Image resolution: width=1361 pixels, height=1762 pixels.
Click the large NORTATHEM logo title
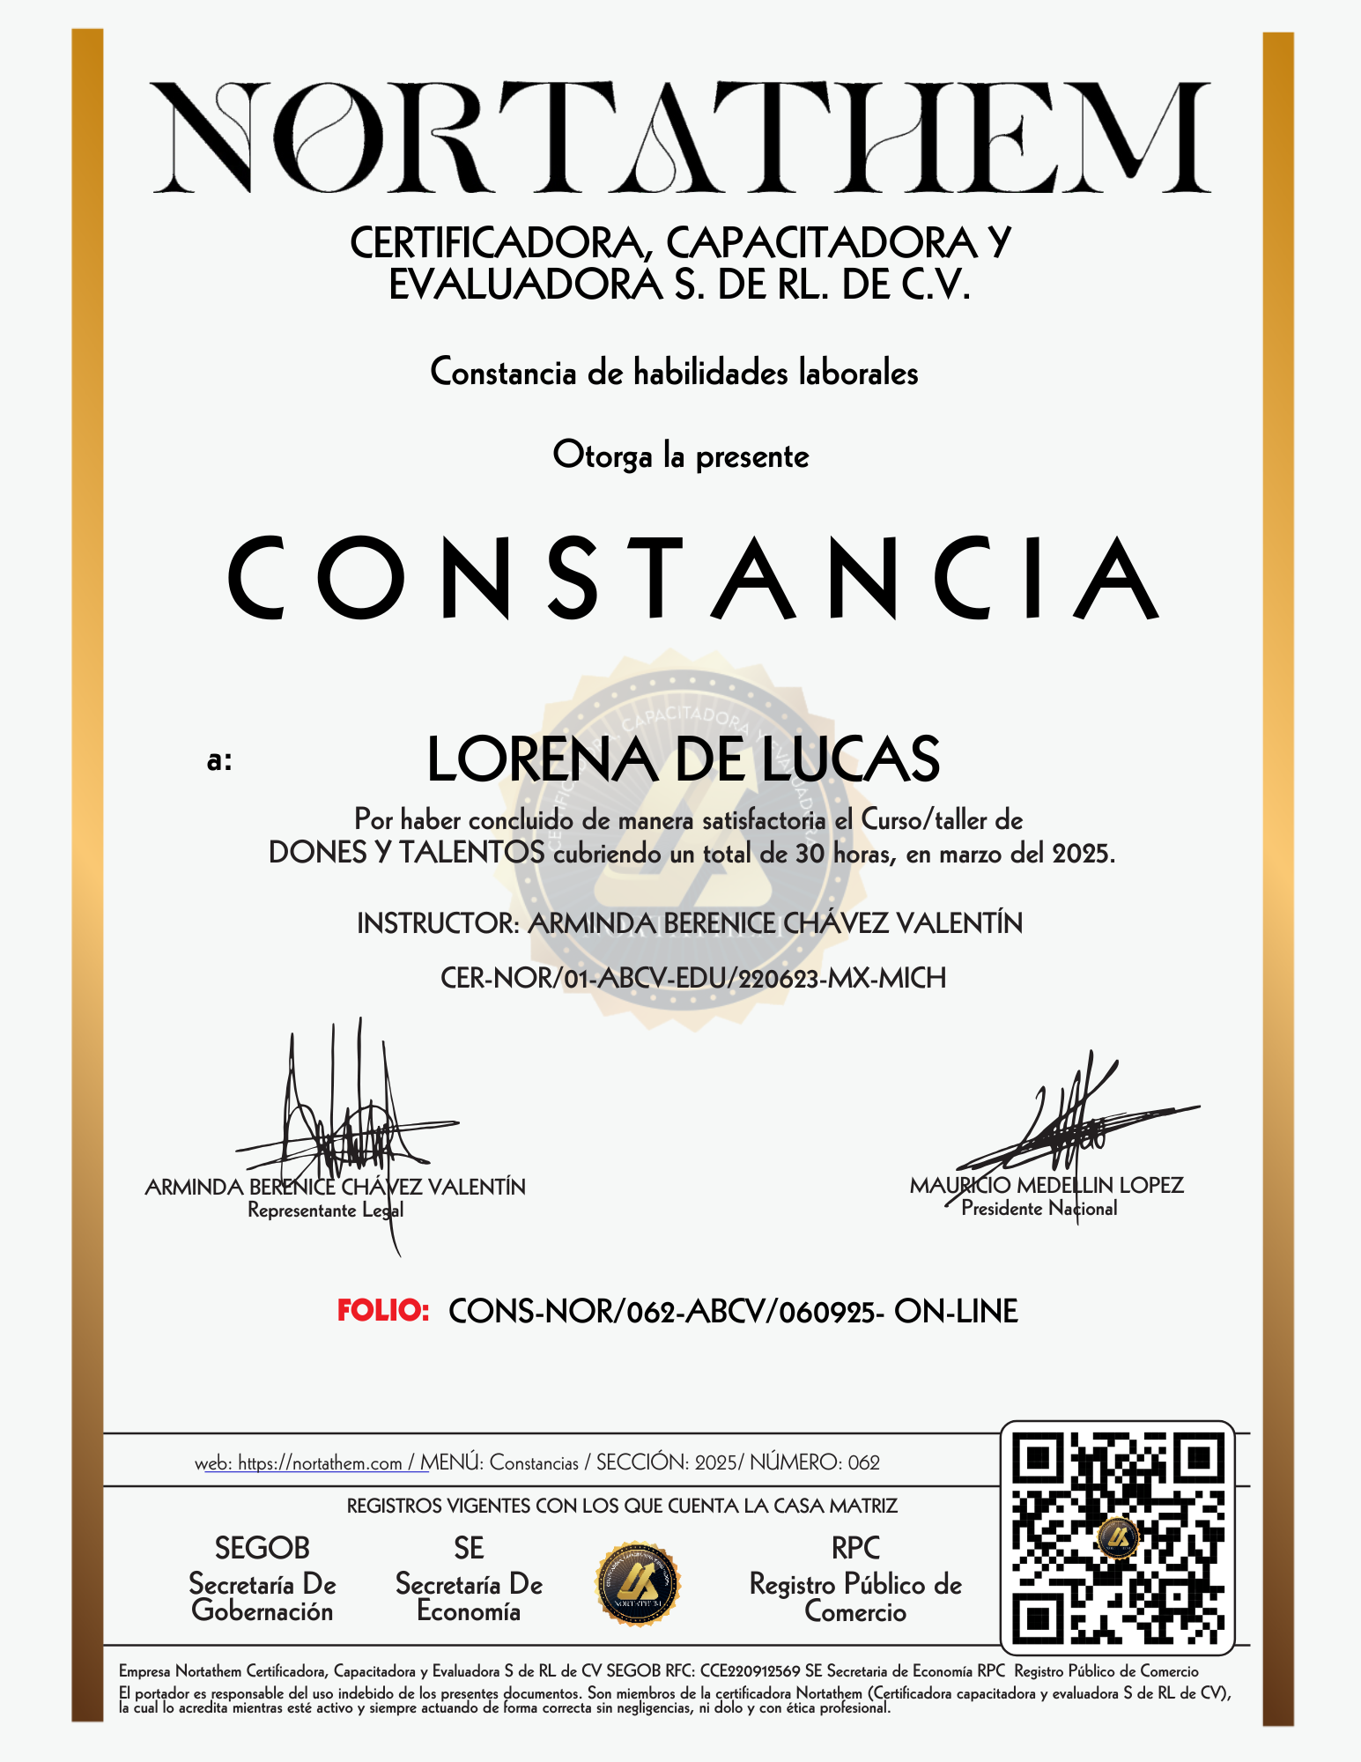[681, 137]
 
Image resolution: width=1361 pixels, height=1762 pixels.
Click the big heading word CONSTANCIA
[693, 578]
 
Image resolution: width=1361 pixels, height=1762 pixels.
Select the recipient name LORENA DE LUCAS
[683, 759]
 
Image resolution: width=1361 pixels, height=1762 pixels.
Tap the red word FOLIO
[383, 1311]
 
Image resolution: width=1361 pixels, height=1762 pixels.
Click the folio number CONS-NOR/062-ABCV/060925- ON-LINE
[733, 1312]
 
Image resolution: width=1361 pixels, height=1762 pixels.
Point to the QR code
[1118, 1537]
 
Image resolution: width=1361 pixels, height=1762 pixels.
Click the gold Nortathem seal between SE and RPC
[638, 1584]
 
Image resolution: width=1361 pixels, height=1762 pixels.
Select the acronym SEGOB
[263, 1548]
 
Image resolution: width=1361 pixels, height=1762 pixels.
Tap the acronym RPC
[855, 1548]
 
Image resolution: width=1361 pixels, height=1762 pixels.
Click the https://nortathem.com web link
[320, 1463]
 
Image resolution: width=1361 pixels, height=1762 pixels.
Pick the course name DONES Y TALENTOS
[406, 853]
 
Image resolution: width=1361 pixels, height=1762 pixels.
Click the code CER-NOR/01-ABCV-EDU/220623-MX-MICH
[693, 978]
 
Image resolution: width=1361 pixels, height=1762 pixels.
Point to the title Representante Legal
[325, 1210]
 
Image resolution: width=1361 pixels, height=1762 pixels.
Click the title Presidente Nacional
[1039, 1209]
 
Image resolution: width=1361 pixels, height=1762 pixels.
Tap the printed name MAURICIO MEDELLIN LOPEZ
[1047, 1185]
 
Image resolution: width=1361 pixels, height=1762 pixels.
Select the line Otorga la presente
[680, 456]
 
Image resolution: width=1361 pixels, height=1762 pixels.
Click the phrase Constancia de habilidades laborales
[674, 373]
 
